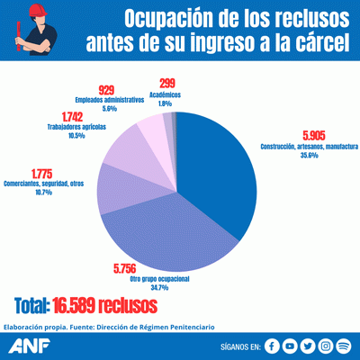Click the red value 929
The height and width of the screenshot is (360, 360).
(x=108, y=90)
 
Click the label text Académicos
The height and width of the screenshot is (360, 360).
(x=166, y=94)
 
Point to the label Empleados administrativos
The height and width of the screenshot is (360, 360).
(x=109, y=100)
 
